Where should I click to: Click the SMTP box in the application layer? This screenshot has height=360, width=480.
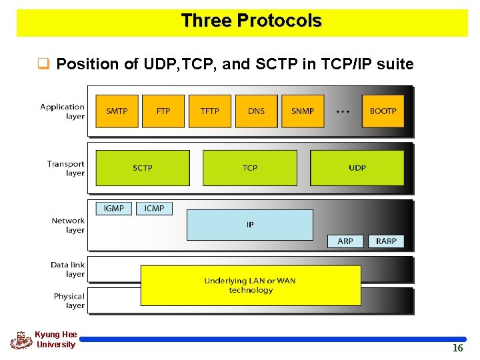pos(117,111)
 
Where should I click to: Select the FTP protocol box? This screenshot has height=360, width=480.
pos(163,111)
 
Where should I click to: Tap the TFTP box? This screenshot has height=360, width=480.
pos(209,111)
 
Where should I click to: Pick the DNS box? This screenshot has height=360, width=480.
pos(256,111)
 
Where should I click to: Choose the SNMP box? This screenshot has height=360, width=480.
pos(303,111)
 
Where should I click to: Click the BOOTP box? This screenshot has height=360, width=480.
pos(383,111)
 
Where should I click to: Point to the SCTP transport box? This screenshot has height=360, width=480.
pos(143,168)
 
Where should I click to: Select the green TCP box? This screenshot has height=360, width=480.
pos(250,168)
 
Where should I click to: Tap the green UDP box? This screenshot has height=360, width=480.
pos(357,168)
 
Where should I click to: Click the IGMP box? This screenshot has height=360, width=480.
pos(114,208)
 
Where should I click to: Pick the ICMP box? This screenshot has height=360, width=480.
pos(154,208)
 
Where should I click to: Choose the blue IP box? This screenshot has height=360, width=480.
pos(250,225)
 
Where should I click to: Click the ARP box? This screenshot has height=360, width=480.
pos(345,241)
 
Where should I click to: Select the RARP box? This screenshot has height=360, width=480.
pos(386,241)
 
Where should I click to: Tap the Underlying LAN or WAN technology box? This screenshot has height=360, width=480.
pos(250,285)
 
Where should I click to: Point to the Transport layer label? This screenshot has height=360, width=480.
pos(66,168)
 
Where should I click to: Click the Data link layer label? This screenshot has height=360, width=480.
pos(67,269)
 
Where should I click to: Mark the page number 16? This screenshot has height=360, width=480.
pos(457,348)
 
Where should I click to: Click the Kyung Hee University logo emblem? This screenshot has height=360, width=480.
pos(21,340)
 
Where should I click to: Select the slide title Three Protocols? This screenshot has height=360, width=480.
pos(251,21)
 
